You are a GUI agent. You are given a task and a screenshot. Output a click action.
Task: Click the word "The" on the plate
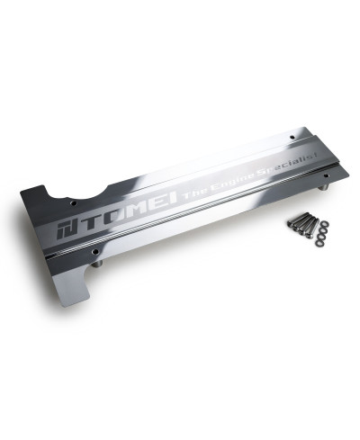(193, 194)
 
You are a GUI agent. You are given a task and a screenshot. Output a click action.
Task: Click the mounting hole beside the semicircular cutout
(74, 203)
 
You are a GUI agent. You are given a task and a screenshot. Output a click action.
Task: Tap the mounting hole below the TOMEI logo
(96, 251)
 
